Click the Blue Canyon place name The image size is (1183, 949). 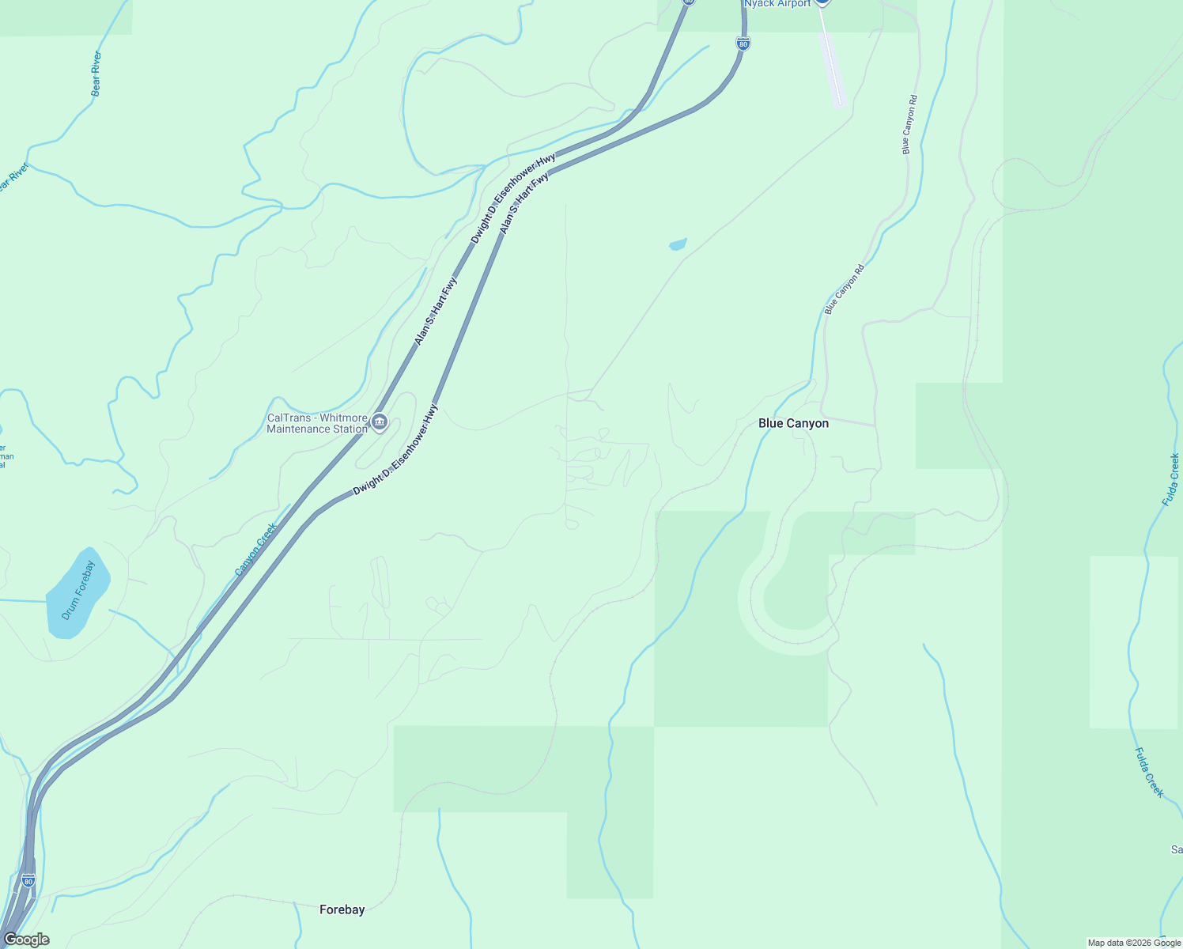tap(793, 423)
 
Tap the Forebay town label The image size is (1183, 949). tap(342, 909)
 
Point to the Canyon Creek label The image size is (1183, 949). tap(256, 549)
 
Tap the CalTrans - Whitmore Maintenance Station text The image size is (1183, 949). tap(317, 423)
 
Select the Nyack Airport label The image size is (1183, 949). tap(777, 4)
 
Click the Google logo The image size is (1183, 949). tap(26, 940)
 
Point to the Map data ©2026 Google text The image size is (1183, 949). tap(1134, 943)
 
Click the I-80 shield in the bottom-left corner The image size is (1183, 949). tap(28, 880)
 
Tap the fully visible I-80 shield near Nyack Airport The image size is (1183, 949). tap(742, 44)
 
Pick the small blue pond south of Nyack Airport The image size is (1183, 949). tap(678, 244)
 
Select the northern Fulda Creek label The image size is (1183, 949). tap(1171, 479)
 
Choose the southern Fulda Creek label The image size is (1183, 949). tap(1149, 772)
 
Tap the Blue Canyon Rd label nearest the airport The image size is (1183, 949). tap(909, 124)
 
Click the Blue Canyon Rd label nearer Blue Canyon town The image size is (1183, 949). tap(845, 289)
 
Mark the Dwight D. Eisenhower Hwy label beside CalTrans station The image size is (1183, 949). tap(395, 450)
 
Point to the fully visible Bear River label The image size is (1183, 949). tap(96, 74)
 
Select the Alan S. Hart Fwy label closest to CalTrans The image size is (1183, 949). tap(436, 311)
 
